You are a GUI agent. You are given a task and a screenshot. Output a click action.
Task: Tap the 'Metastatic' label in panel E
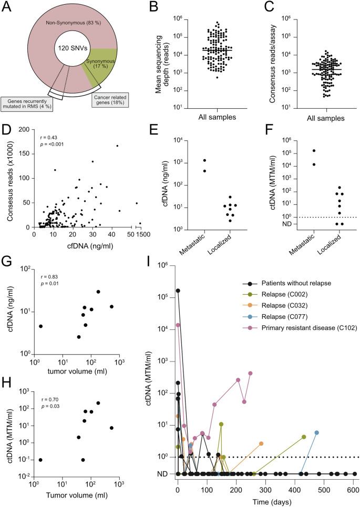200,244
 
